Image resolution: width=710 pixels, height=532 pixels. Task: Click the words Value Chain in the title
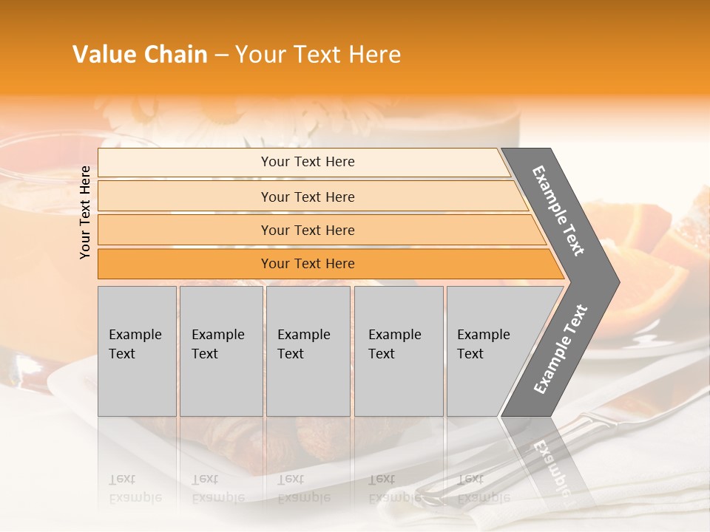[x=140, y=55]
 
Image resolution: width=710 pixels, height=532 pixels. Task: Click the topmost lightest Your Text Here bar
[x=308, y=162]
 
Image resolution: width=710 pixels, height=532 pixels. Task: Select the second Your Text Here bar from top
[x=308, y=197]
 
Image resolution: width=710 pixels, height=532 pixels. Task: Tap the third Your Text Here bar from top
[x=308, y=230]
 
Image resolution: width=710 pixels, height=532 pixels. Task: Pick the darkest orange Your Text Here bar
[x=308, y=264]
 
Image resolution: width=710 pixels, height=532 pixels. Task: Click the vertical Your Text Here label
[x=85, y=212]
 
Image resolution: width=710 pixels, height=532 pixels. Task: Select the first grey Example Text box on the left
[x=137, y=350]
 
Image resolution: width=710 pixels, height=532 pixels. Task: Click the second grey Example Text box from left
[x=220, y=350]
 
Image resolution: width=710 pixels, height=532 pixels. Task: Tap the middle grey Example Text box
[x=308, y=350]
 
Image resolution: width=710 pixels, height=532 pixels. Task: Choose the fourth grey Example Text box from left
[x=398, y=350]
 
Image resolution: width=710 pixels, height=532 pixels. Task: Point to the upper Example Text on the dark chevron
[x=558, y=211]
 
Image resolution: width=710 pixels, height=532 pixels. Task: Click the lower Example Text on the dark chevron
[x=560, y=349]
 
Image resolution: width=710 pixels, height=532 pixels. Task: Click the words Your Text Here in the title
[x=318, y=55]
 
